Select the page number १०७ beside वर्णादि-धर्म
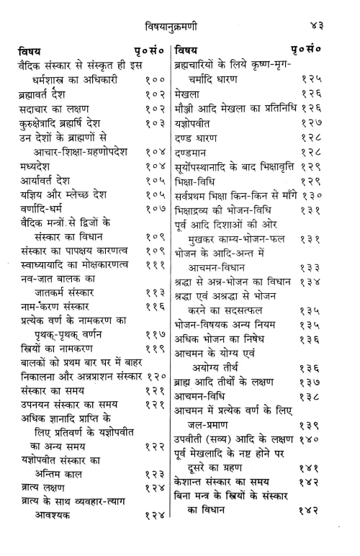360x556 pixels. [x=154, y=210]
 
